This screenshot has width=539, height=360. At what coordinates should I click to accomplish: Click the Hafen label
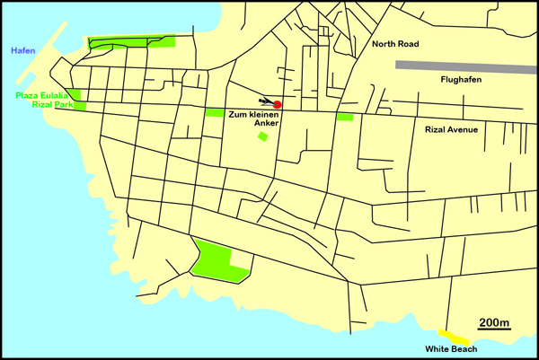pos(22,51)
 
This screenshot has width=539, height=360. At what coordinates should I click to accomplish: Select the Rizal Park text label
pos(42,106)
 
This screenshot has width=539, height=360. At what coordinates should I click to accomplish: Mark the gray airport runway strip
pos(466,65)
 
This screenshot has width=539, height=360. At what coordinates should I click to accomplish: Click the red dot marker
pos(278,105)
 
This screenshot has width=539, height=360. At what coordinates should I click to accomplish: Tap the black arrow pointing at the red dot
pos(265,101)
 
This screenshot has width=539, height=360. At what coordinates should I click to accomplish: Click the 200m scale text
pos(494,322)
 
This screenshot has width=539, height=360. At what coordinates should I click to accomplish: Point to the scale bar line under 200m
pos(494,330)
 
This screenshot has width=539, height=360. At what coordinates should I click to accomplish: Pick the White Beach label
pos(451,349)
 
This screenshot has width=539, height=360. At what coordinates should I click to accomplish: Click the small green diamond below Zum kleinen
pos(262,136)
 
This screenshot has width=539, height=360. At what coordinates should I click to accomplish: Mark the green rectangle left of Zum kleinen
pos(215,112)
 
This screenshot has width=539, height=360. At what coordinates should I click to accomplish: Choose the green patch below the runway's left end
pos(345,116)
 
